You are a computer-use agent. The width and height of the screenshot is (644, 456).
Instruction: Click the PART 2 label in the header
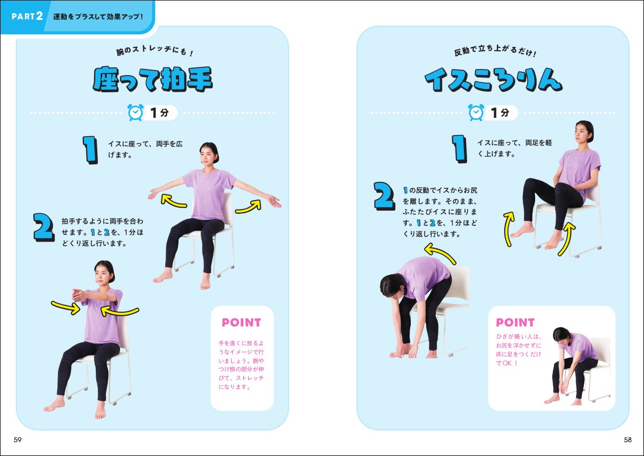tap(27, 15)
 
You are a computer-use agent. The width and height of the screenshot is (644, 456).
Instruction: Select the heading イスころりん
tap(493, 81)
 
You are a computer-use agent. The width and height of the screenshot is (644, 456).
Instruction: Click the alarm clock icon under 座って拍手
tap(135, 113)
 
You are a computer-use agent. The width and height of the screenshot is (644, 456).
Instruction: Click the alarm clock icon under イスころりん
tap(476, 113)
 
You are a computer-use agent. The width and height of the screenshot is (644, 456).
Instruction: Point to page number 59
tap(17, 439)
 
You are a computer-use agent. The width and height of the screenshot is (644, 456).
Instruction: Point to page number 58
tap(627, 439)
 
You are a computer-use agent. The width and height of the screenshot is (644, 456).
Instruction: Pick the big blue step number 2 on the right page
tap(384, 196)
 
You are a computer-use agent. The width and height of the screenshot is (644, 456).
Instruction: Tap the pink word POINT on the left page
tap(241, 322)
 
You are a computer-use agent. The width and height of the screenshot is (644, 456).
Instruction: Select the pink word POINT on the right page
tap(515, 322)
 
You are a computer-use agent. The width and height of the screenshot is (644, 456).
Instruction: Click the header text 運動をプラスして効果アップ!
tap(98, 16)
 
